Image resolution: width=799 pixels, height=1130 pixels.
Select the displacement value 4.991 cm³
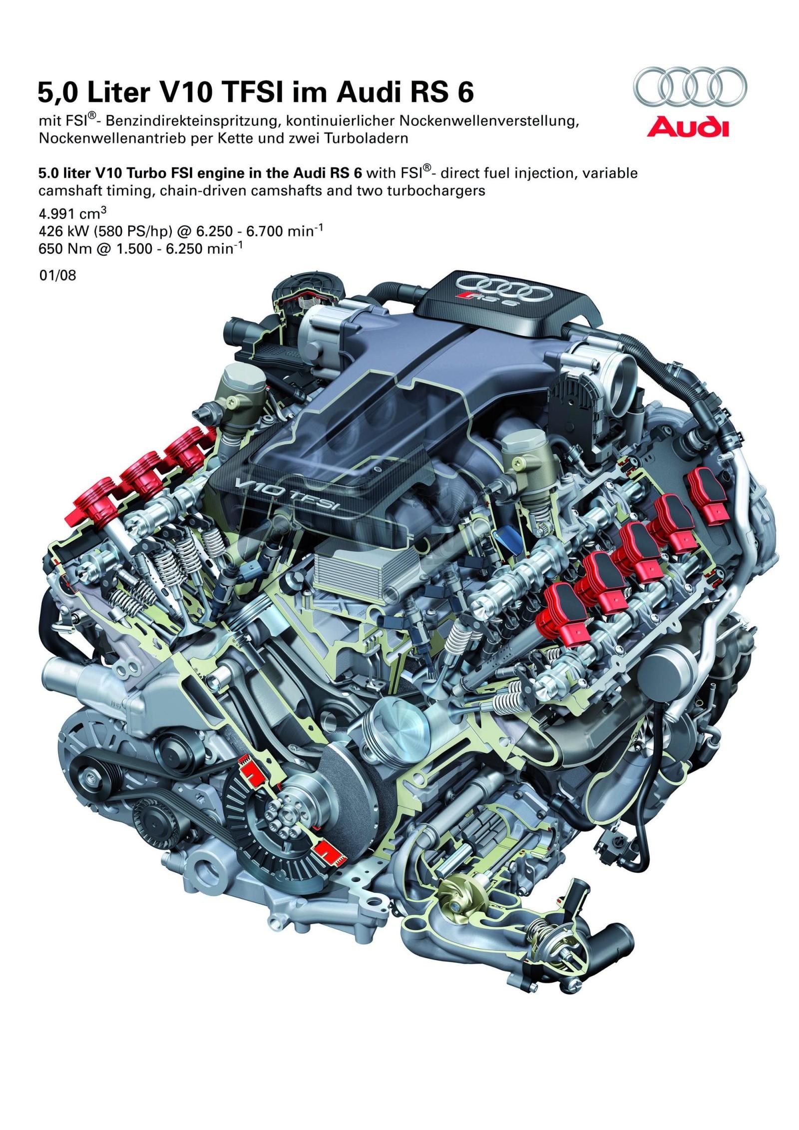pyautogui.click(x=72, y=216)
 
